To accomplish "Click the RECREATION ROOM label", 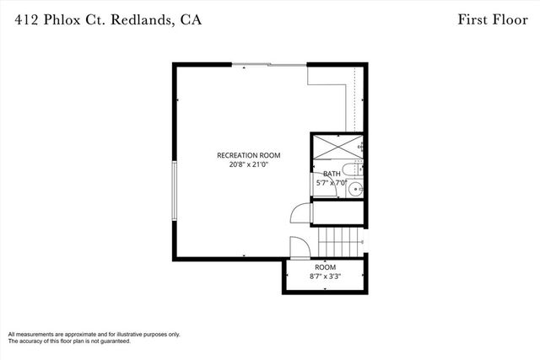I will (x=248, y=155).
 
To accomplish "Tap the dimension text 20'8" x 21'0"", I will (x=248, y=165).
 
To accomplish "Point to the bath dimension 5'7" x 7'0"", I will (x=332, y=183).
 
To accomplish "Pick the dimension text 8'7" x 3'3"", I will (x=325, y=276).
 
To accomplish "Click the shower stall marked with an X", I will (x=337, y=150).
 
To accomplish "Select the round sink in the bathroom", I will (x=356, y=189).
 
